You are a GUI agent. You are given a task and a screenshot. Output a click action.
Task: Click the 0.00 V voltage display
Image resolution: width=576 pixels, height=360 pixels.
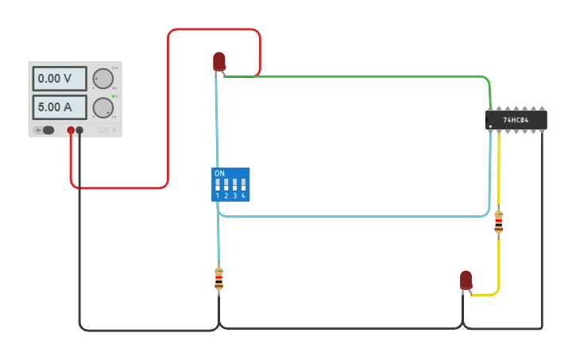click(60, 79)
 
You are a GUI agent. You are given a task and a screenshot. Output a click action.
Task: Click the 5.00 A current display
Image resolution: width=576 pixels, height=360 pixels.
click(60, 106)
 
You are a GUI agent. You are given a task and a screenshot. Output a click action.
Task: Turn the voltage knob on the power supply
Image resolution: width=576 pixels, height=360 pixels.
click(102, 78)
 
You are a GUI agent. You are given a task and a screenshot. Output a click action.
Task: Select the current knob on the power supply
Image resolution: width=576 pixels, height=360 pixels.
click(102, 107)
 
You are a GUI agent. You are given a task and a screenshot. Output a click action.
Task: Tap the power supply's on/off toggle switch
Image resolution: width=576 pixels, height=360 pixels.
click(48, 130)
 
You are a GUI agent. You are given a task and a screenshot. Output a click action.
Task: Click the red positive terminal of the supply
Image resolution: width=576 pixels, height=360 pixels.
click(71, 130)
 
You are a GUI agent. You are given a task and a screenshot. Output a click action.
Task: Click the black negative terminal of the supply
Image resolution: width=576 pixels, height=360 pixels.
click(79, 130)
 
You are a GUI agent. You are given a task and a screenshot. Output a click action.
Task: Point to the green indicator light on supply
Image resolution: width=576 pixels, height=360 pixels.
click(114, 96)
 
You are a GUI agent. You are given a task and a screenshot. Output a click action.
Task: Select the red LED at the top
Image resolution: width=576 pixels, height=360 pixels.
click(219, 60)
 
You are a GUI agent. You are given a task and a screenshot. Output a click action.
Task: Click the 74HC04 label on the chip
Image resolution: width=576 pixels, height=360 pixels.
click(516, 121)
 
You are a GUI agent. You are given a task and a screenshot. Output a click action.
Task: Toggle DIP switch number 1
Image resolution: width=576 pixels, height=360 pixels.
click(218, 184)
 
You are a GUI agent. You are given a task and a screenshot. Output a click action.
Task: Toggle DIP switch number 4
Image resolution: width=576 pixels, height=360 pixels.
click(243, 184)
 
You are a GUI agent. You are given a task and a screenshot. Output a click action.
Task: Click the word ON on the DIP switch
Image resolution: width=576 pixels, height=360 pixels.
click(220, 173)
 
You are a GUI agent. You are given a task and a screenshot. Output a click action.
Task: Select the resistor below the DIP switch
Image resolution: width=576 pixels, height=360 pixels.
click(219, 279)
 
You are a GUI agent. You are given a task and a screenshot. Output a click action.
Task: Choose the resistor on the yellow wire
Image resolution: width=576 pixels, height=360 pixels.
click(498, 222)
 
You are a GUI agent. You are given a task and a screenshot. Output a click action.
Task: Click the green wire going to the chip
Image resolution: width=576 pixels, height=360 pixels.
click(358, 77)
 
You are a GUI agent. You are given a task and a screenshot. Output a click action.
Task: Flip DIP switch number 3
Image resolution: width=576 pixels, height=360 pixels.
click(234, 184)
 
